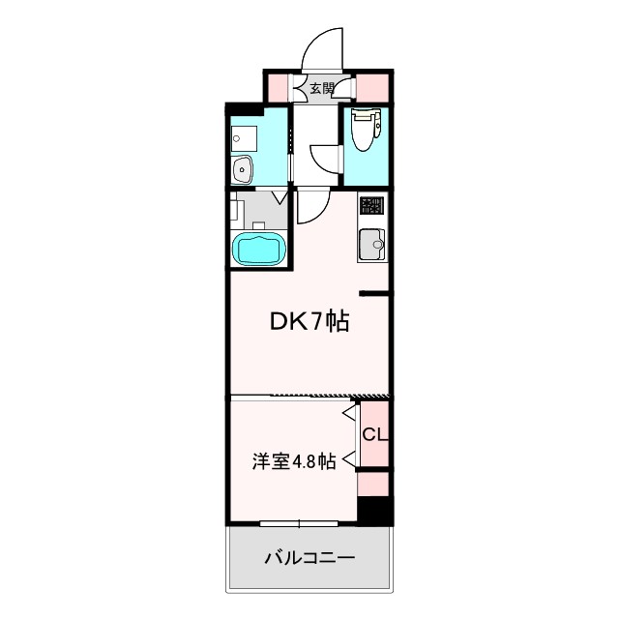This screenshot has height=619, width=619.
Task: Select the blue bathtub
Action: coord(258,249)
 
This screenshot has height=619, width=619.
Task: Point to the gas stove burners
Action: coord(371,206)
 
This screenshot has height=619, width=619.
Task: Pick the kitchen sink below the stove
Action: coord(370,244)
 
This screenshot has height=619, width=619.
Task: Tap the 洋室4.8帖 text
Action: coord(294,461)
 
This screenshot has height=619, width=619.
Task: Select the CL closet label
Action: coord(374,435)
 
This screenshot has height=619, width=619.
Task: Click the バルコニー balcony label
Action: coord(309,558)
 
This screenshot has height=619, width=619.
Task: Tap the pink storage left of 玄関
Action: coord(282,87)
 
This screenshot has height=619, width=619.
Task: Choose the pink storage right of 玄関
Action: coord(372,87)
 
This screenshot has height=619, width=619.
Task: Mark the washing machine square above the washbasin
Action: coord(243,139)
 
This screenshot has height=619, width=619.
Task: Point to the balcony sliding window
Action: coord(298,524)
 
